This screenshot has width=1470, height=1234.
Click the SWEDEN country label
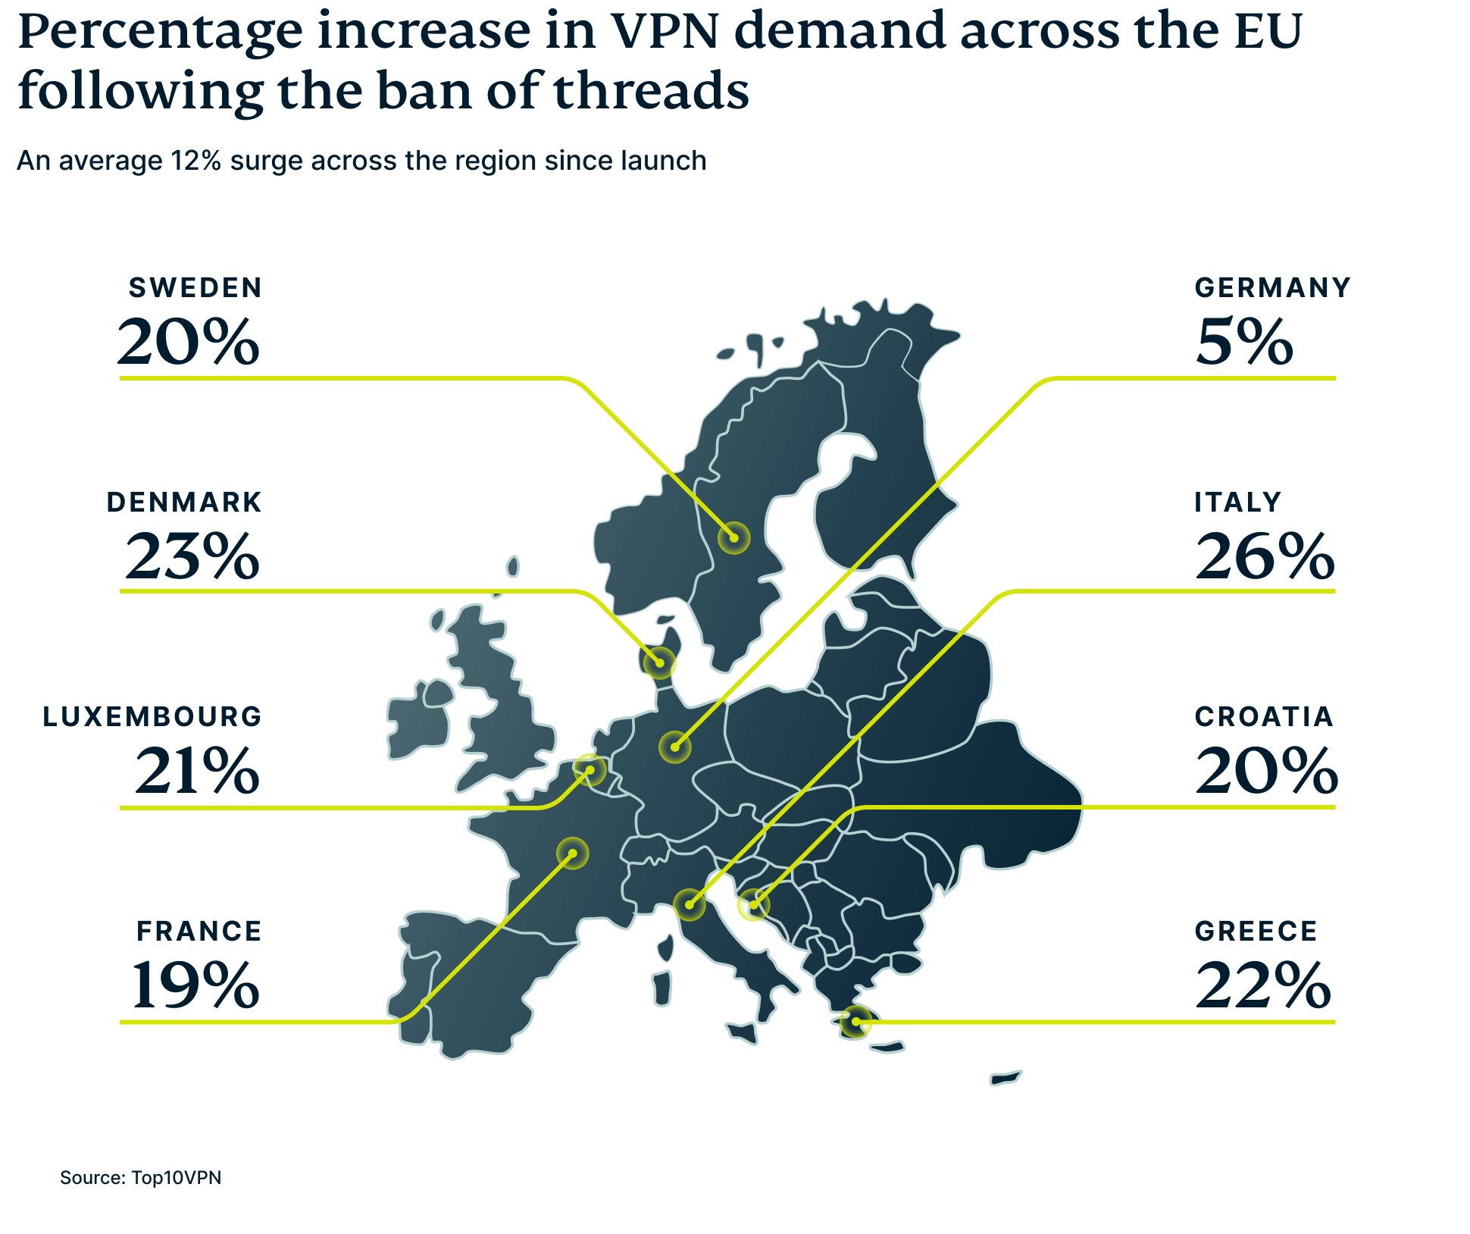click(195, 288)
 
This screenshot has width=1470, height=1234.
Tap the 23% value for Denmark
click(192, 557)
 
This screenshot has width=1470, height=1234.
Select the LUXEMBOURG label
click(152, 717)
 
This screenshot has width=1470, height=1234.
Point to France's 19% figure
click(195, 985)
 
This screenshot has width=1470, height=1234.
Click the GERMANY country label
click(1273, 288)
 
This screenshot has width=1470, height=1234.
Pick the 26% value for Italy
click(1265, 557)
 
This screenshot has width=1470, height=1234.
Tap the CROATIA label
click(1264, 717)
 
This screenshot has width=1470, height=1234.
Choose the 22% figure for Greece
click(1263, 985)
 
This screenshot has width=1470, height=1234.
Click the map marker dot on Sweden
click(733, 538)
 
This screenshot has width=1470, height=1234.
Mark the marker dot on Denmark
click(659, 662)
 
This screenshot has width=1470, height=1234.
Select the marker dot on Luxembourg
click(590, 770)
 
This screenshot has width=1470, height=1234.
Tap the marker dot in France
click(573, 853)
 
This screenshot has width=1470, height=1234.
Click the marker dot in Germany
click(674, 747)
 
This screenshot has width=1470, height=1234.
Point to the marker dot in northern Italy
click(690, 904)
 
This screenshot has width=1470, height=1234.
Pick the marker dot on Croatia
click(753, 904)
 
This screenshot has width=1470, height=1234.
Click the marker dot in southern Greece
click(855, 1022)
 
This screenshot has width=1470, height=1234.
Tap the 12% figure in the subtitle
click(195, 161)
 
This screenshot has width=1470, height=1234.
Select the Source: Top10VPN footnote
click(141, 1177)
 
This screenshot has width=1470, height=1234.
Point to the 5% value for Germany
click(1244, 343)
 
